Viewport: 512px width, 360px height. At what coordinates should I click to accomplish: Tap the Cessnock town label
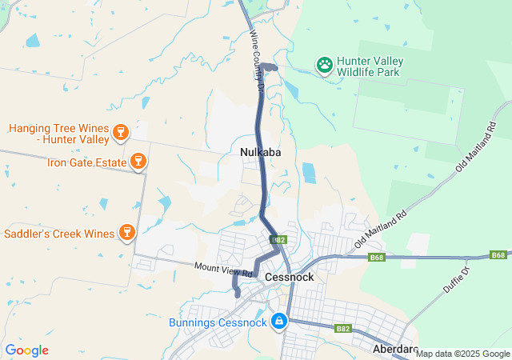(x=290, y=277)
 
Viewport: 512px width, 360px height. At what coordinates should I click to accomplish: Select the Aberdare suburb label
(x=395, y=350)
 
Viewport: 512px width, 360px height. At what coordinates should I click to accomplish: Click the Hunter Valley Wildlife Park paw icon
(x=325, y=65)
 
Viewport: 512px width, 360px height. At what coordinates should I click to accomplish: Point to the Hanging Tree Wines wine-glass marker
(x=121, y=132)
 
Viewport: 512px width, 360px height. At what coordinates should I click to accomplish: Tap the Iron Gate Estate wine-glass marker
(x=138, y=162)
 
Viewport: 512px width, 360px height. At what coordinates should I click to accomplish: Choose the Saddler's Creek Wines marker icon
(x=126, y=233)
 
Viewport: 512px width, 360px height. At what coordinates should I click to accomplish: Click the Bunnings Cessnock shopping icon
(x=279, y=322)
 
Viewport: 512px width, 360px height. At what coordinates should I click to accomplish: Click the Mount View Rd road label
(x=223, y=270)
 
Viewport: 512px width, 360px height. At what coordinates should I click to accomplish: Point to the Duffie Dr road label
(x=456, y=286)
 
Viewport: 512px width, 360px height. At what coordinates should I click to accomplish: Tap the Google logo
(x=26, y=350)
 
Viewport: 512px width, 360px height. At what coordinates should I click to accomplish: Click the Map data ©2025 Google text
(x=462, y=354)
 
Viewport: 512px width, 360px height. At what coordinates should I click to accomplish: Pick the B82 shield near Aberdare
(x=343, y=328)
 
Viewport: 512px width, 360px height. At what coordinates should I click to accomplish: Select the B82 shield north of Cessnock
(x=278, y=239)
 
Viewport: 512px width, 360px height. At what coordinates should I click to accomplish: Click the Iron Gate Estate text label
(x=86, y=162)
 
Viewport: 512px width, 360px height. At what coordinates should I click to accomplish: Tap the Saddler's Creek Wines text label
(x=59, y=234)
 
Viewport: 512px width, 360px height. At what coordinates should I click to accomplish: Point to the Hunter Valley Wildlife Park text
(x=370, y=66)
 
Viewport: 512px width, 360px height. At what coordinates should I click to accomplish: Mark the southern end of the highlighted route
(x=238, y=294)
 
